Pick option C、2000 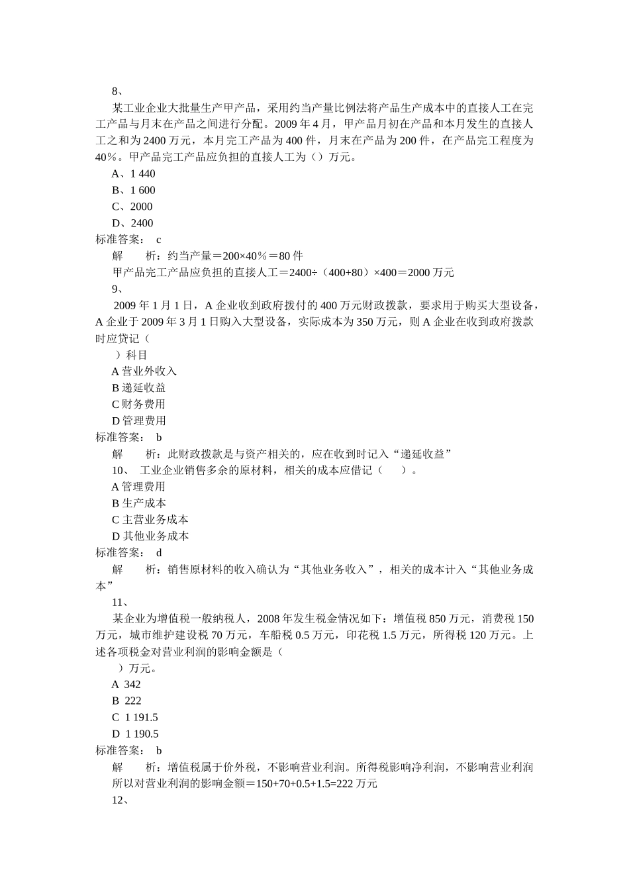[x=132, y=207]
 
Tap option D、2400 [x=132, y=223]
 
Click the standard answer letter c [x=159, y=240]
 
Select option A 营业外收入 [x=144, y=371]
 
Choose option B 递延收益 [x=138, y=388]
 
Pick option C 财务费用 [x=138, y=405]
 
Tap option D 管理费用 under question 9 [x=138, y=421]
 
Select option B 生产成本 [x=138, y=503]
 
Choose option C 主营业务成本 [x=150, y=520]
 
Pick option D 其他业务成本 [x=150, y=536]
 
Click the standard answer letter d [x=159, y=552]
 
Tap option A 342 [x=126, y=685]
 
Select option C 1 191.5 [x=134, y=718]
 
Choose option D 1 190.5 [x=135, y=734]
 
